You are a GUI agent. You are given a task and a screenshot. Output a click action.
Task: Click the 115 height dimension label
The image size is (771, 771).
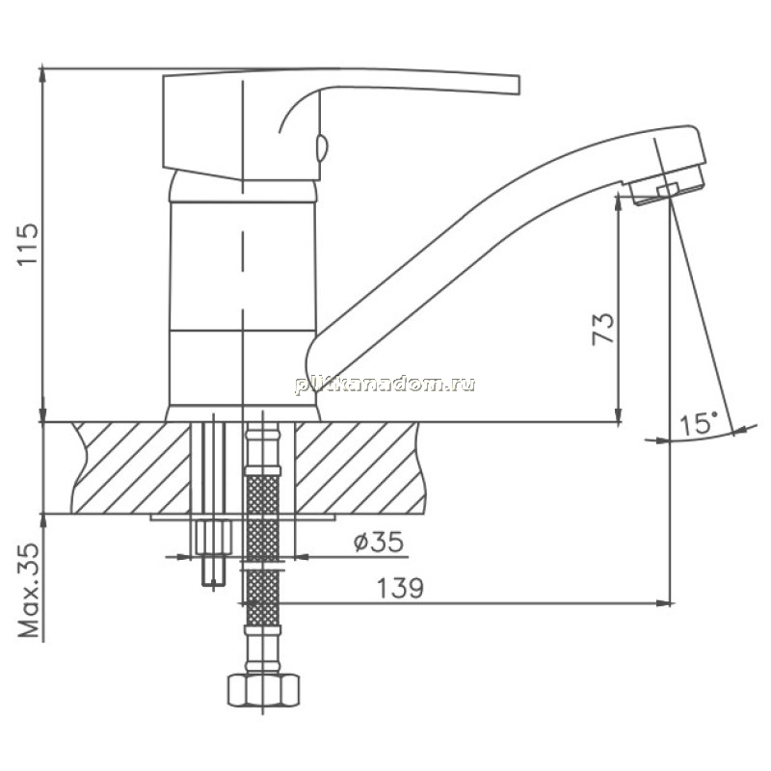(28, 245)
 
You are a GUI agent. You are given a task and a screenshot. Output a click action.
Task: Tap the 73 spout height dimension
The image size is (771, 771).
(603, 328)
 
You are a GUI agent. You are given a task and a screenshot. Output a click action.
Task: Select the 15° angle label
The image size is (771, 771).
(699, 424)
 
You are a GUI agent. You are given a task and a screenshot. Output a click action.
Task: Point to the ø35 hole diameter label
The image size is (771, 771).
(378, 542)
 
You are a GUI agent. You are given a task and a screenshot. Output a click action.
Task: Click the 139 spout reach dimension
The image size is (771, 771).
(400, 587)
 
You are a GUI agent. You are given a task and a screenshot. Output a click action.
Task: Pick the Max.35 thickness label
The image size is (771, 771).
(29, 590)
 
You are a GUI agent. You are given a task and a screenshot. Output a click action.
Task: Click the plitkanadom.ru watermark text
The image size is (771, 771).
(385, 384)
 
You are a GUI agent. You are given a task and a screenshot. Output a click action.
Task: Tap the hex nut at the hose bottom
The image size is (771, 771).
(263, 690)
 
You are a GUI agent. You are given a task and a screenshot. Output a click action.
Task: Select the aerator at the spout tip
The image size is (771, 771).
(666, 187)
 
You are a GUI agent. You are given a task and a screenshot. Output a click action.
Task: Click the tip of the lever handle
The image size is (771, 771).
(518, 85)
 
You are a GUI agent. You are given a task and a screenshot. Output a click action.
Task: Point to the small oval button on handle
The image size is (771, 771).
(322, 147)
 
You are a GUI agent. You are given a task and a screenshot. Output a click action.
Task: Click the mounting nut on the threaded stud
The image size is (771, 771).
(213, 537)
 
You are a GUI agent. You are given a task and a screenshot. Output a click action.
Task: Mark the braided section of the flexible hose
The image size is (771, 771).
(263, 545)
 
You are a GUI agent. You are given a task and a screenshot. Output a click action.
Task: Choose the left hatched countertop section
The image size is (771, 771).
(131, 467)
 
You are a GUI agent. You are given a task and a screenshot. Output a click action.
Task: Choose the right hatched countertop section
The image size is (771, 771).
(359, 467)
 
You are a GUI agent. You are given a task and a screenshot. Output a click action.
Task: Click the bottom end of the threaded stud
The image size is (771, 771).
(214, 585)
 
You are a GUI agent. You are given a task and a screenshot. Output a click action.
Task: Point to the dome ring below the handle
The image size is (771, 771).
(243, 189)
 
